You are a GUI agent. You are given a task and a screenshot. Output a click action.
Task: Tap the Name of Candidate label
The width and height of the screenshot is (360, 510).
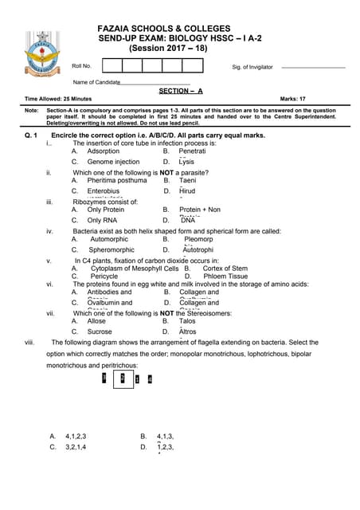pyautogui.click(x=96, y=82)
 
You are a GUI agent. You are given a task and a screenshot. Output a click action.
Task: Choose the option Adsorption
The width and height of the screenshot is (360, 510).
pyautogui.click(x=104, y=151)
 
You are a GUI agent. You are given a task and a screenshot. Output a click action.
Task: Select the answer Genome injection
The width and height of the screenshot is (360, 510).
pyautogui.click(x=113, y=162)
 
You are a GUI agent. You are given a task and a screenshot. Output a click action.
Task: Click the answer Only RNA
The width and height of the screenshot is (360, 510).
pyautogui.click(x=103, y=220)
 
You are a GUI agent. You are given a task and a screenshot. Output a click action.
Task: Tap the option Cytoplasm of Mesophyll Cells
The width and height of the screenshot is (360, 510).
pyautogui.click(x=135, y=269)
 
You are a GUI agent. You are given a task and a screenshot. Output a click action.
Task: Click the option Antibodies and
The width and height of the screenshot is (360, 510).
pyautogui.click(x=109, y=292)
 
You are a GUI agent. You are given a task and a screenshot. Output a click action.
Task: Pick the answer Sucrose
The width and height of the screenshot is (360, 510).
pyautogui.click(x=100, y=331)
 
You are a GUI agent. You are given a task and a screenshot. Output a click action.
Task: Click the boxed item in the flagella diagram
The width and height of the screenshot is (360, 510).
pyautogui.click(x=123, y=380)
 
